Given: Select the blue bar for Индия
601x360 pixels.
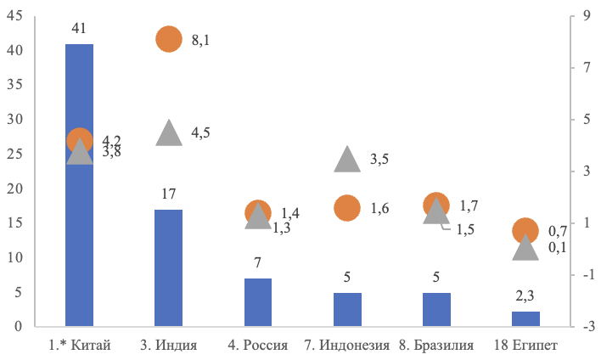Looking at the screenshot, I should click(168, 267).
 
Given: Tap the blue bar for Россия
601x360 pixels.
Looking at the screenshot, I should click(257, 302).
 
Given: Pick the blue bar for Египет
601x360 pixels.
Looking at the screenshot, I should click(525, 318).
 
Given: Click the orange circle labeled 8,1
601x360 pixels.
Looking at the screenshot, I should click(169, 39).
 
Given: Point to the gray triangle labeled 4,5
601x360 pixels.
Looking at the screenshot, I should click(169, 133).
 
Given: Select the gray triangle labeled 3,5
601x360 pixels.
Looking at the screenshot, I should click(347, 160).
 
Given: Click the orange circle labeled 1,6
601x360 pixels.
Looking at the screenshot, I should click(347, 208).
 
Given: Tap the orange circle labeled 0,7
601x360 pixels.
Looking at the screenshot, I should click(525, 230).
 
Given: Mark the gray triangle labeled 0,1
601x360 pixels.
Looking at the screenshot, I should click(525, 248).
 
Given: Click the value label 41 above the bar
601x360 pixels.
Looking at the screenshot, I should click(79, 29).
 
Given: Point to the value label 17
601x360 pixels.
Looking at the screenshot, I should click(168, 195).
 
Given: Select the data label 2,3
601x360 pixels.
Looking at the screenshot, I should click(525, 297).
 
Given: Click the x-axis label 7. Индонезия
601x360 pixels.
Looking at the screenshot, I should click(346, 346).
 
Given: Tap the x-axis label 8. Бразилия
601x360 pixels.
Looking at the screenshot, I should click(436, 346).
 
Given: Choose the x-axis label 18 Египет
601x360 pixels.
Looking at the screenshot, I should click(525, 346).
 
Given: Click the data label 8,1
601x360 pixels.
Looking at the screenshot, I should click(201, 40).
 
